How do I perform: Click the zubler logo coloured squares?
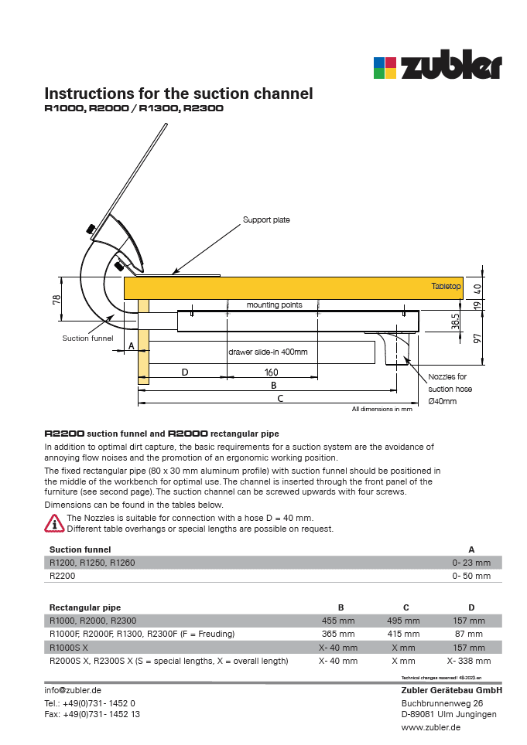(x=385, y=68)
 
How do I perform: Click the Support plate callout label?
(x=266, y=220)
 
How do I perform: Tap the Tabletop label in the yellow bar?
(x=446, y=287)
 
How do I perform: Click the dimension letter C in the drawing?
(x=280, y=399)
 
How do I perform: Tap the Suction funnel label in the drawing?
(x=87, y=338)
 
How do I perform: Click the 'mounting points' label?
(x=274, y=305)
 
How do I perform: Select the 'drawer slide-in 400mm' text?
(x=268, y=352)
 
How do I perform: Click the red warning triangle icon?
(x=54, y=523)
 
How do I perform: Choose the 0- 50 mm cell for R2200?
(x=471, y=576)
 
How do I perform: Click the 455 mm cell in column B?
(x=338, y=621)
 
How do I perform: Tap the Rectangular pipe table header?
(x=85, y=607)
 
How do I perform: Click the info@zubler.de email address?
(x=73, y=690)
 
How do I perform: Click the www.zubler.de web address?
(x=431, y=727)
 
